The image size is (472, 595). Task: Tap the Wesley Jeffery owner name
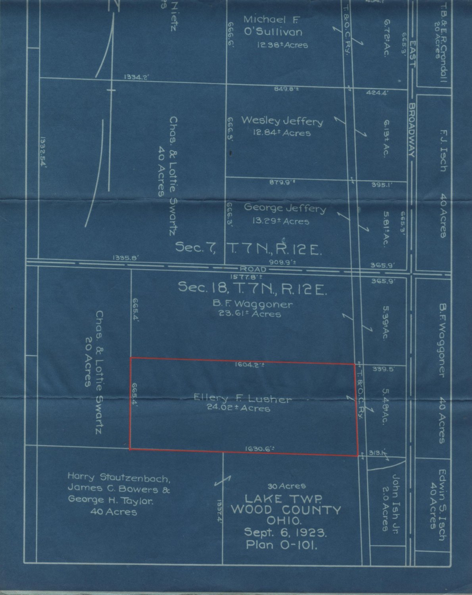pos(282,121)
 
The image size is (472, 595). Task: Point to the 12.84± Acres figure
pos(282,132)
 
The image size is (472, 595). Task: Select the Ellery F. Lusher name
pos(242,399)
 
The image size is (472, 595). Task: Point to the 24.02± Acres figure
pos(238,408)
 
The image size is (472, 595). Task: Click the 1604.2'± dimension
pos(249,366)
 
